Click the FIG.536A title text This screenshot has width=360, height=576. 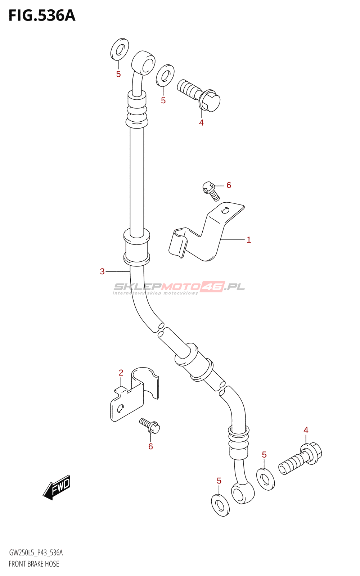[x=42, y=16]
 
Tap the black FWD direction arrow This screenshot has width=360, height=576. [x=57, y=487]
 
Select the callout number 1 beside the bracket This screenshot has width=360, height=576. [x=249, y=240]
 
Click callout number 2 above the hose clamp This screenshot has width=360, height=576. [x=121, y=373]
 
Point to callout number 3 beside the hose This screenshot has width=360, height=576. [x=102, y=271]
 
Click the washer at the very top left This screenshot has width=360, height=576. [x=120, y=49]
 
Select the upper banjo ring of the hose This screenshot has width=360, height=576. [x=144, y=64]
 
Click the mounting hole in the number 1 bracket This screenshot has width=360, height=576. [x=226, y=210]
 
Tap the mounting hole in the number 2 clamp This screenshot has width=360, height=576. [x=120, y=408]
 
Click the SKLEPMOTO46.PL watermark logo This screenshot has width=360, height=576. [x=179, y=287]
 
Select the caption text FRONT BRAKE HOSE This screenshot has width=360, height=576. [x=34, y=564]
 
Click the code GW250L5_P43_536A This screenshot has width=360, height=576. [x=36, y=553]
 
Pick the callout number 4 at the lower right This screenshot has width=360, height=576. [x=306, y=430]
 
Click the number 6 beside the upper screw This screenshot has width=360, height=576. [x=229, y=185]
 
